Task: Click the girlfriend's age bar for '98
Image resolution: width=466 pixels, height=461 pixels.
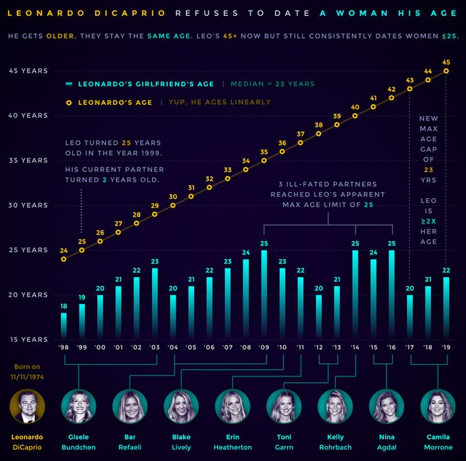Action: (64, 326)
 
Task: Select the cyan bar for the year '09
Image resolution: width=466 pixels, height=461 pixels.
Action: (264, 295)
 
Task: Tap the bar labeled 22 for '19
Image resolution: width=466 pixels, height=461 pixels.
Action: (446, 308)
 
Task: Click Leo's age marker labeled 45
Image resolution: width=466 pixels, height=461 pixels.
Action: (446, 71)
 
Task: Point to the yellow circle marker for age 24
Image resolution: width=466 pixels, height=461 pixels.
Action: (64, 259)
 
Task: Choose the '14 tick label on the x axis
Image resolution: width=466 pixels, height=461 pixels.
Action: (355, 348)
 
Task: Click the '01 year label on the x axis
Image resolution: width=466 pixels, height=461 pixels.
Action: (119, 348)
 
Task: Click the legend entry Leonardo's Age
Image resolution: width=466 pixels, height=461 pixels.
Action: (114, 102)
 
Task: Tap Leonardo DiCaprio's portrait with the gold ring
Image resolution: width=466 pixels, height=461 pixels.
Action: (27, 406)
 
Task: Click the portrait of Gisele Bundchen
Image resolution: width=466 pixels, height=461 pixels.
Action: (78, 406)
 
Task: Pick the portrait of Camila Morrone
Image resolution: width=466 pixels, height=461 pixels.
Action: (437, 406)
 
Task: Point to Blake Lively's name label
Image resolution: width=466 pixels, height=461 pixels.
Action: (181, 442)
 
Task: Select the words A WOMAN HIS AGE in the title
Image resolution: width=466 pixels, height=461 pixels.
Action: (385, 14)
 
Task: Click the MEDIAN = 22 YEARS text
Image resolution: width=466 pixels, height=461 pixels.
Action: (272, 84)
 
